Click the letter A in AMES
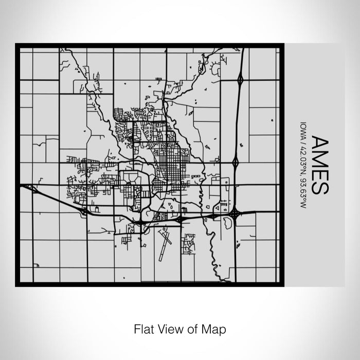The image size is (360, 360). pos(317,142)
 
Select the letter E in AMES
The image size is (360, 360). pos(317,173)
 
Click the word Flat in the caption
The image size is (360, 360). pos(143,328)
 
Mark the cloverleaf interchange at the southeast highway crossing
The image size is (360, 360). pos(235,212)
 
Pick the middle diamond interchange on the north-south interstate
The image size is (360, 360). pos(236,163)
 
